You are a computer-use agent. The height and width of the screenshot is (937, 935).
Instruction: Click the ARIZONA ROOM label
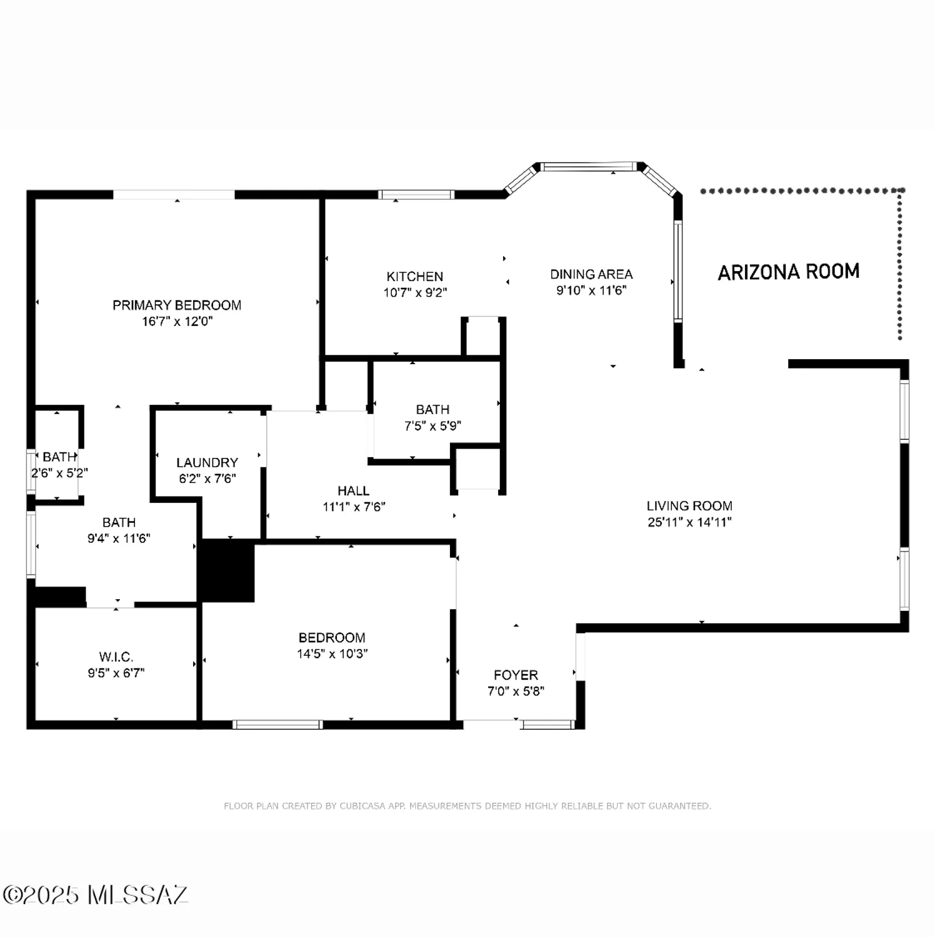(x=788, y=272)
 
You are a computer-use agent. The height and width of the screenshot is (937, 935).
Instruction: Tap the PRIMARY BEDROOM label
(x=177, y=305)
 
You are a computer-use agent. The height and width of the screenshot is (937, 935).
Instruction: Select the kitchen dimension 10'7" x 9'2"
(x=415, y=292)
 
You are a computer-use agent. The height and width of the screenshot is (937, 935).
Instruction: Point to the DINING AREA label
(x=591, y=274)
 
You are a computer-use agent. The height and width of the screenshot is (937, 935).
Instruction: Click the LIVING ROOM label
(x=689, y=506)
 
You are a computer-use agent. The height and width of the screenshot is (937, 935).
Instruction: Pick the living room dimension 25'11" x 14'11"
(x=689, y=522)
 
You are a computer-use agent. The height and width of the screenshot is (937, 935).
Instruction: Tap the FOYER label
(x=516, y=675)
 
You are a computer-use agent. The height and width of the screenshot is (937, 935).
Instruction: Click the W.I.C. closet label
(x=116, y=657)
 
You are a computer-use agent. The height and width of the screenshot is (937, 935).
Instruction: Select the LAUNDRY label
(x=207, y=463)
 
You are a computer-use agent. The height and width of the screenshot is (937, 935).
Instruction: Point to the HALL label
(x=353, y=491)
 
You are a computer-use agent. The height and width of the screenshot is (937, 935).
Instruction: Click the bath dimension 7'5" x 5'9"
(x=432, y=426)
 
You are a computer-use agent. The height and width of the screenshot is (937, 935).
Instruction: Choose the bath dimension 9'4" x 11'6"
(x=119, y=538)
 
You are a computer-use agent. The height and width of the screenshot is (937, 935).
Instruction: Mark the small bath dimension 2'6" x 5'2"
(x=59, y=473)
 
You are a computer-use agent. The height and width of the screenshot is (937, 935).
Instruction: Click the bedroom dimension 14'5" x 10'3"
(x=332, y=654)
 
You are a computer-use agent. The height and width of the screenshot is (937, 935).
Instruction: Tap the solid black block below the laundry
(x=226, y=570)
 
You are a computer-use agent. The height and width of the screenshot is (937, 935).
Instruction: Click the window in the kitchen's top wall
(x=416, y=195)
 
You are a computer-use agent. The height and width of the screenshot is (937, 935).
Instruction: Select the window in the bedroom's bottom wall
(x=277, y=725)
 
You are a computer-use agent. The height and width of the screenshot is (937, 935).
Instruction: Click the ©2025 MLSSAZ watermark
(x=94, y=895)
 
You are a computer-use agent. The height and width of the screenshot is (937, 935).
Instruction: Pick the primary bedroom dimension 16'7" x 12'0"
(x=177, y=322)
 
